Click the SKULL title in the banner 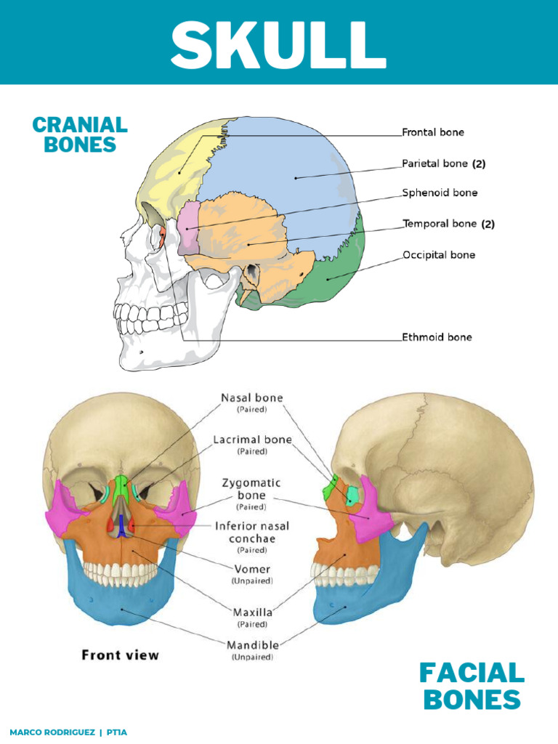pyautogui.click(x=278, y=44)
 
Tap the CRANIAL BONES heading pyautogui.click(x=80, y=134)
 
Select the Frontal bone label pyautogui.click(x=433, y=132)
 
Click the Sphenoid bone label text pyautogui.click(x=440, y=193)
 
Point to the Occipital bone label pyautogui.click(x=438, y=255)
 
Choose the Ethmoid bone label pyautogui.click(x=437, y=337)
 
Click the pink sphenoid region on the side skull pyautogui.click(x=188, y=227)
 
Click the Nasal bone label pyautogui.click(x=252, y=397)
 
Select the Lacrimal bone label pyautogui.click(x=252, y=440)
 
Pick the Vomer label pyautogui.click(x=252, y=569)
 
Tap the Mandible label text pyautogui.click(x=252, y=645)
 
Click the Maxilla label pyautogui.click(x=252, y=612)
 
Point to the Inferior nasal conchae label pyautogui.click(x=252, y=533)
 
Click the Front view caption pyautogui.click(x=120, y=655)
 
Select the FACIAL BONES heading pyautogui.click(x=472, y=687)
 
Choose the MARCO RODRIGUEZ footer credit pyautogui.click(x=52, y=732)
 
